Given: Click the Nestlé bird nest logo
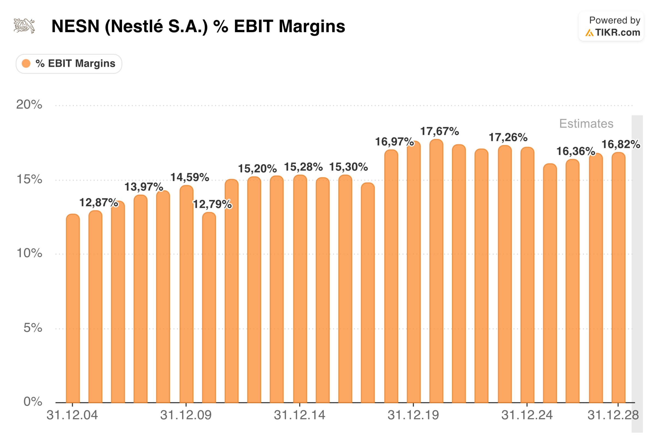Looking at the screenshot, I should click(25, 26).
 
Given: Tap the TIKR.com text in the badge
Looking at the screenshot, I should click(617, 33).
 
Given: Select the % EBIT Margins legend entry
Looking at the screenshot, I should click(69, 64).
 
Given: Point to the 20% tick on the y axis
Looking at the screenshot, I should click(29, 105).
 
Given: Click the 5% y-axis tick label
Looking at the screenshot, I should click(32, 328).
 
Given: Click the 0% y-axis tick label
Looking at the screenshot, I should click(32, 401).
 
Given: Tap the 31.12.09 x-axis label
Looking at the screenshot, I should click(186, 415).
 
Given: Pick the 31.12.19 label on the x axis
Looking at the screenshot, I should click(413, 415).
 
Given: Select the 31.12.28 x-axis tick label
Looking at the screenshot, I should click(613, 415).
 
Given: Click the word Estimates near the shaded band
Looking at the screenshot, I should click(586, 123).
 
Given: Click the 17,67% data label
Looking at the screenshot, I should click(439, 131).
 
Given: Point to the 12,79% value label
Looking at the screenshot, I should click(212, 204).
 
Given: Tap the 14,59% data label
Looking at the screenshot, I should click(189, 177).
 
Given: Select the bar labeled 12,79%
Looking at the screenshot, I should click(209, 306).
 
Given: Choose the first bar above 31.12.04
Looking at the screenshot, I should click(73, 306).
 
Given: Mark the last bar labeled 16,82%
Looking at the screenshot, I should click(618, 279).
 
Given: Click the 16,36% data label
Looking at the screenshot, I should click(575, 151).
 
